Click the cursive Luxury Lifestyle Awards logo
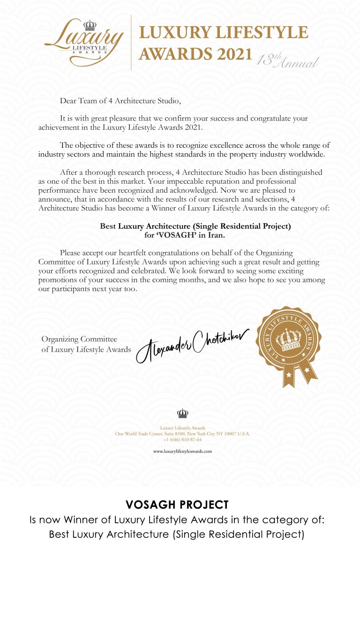[84, 43]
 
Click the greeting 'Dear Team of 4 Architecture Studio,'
[120, 100]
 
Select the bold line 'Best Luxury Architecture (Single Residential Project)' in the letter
[195, 226]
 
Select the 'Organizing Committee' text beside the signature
[79, 339]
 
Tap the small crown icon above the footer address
[182, 413]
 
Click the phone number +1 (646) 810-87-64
[183, 439]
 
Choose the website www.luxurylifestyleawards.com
[183, 451]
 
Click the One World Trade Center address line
[183, 434]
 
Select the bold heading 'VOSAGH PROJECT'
[177, 504]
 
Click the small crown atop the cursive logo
[90, 25]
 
